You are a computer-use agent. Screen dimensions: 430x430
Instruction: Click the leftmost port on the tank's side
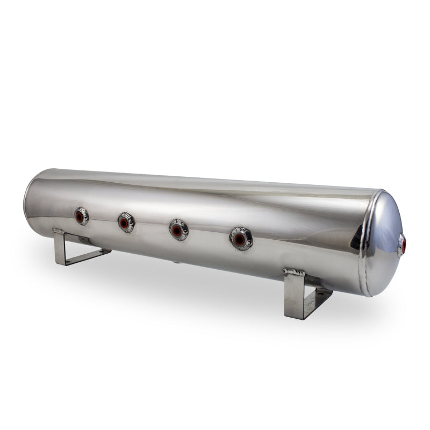click(82, 216)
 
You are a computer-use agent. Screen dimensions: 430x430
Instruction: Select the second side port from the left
click(126, 222)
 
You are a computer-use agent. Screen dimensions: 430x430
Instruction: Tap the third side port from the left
click(178, 230)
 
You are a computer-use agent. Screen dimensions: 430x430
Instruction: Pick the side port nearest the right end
click(241, 238)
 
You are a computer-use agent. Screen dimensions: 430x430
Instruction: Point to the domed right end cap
click(383, 242)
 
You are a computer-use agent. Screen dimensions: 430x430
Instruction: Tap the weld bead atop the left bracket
click(59, 232)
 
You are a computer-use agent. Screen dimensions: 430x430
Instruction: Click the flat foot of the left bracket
click(86, 257)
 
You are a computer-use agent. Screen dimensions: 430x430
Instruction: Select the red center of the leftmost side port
click(80, 217)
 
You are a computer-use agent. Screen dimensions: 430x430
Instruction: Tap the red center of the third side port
click(177, 230)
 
